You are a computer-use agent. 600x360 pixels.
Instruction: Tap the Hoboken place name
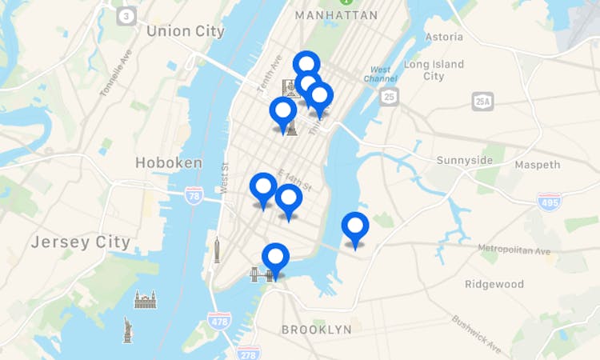(x=169, y=162)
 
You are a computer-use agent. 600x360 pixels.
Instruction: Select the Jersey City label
(x=80, y=242)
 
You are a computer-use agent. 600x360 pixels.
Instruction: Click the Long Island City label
(x=434, y=70)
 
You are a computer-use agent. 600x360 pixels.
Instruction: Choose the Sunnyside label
(x=465, y=161)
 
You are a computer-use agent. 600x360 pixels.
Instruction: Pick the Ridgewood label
(x=494, y=284)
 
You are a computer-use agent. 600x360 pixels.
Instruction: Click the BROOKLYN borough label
(x=316, y=330)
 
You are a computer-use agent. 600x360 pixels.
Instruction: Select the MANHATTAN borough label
(x=336, y=15)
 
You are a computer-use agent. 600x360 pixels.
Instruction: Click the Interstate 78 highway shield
(x=193, y=194)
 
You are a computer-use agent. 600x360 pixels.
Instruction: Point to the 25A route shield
(x=482, y=101)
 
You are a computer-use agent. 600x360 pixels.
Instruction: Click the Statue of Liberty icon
(x=127, y=329)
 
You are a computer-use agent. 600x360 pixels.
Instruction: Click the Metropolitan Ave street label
(x=514, y=250)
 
